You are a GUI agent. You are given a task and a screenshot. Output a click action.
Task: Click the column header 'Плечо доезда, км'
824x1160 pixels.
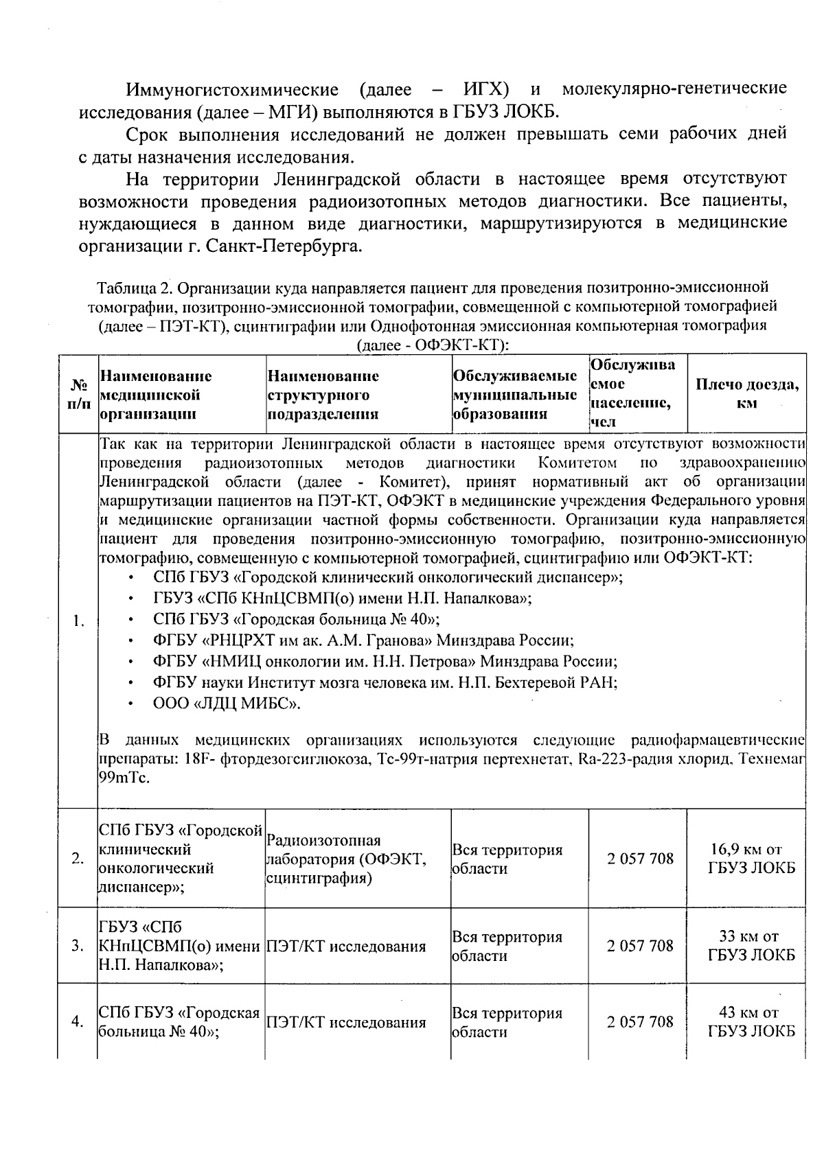747,394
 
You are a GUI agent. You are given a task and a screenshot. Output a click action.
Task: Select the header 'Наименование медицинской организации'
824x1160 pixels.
156,395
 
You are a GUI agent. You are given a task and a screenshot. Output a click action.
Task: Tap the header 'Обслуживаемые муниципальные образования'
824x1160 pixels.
514,395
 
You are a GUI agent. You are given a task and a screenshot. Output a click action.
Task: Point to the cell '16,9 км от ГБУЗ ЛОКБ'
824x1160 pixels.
751,859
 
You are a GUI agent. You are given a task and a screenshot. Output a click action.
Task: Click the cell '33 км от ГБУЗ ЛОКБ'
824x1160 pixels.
751,946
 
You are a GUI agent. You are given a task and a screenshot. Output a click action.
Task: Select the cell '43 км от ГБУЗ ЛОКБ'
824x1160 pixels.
751,1022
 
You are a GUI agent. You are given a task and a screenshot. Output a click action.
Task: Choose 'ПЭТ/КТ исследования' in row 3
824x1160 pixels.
346,947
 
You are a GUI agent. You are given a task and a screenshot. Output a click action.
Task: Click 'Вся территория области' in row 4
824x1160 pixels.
507,1023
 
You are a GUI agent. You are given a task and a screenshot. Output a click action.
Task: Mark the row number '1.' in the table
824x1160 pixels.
78,622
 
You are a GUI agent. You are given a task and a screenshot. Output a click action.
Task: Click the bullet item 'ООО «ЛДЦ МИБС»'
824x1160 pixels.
227,704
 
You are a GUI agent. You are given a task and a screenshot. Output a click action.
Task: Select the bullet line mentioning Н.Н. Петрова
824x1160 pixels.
385,662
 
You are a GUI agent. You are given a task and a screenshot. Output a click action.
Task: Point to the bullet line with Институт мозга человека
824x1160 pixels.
385,682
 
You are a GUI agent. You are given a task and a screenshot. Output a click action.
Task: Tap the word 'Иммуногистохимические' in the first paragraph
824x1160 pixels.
232,90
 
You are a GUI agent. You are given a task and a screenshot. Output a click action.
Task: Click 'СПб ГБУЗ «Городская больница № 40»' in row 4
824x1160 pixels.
179,1023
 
